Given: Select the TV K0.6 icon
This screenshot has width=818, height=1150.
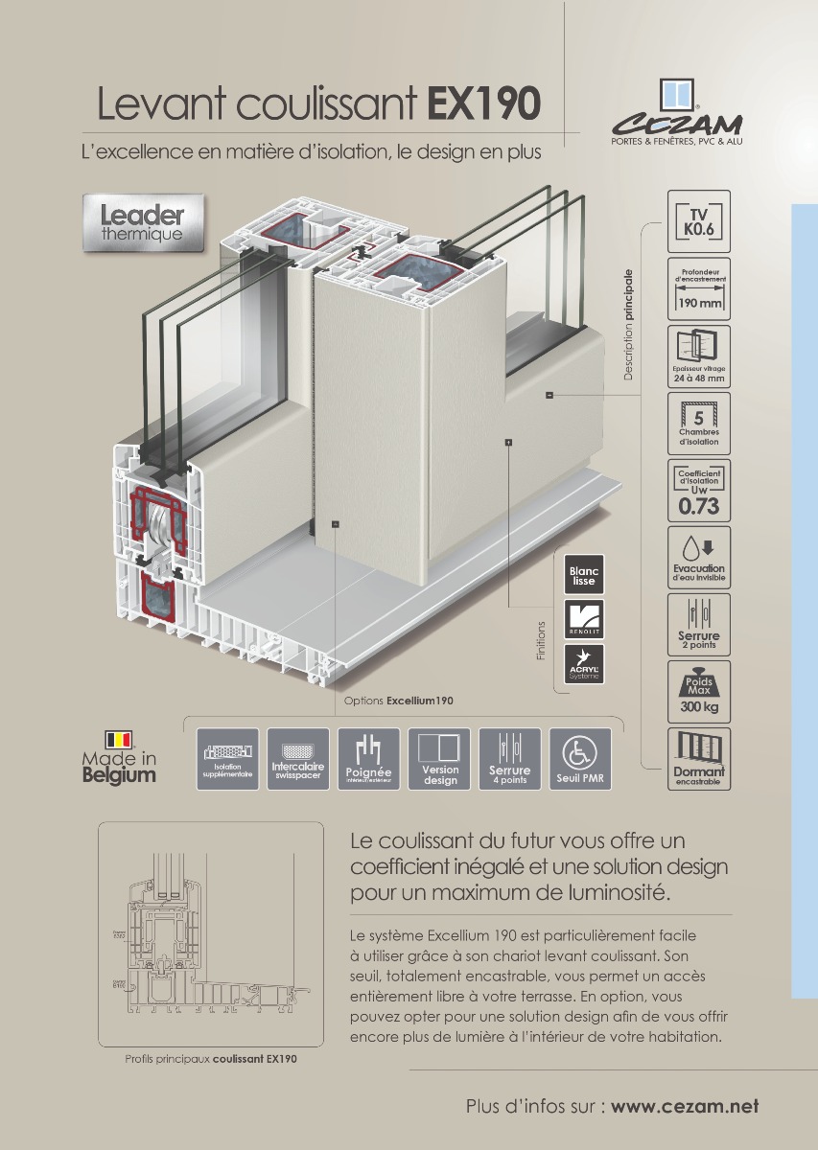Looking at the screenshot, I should click(x=698, y=221).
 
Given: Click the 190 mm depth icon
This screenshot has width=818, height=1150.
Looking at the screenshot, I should click(x=698, y=288).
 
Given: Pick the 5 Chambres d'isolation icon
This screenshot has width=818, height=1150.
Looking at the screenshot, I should click(x=698, y=423).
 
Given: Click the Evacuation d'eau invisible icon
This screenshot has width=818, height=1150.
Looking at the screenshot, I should click(x=698, y=557).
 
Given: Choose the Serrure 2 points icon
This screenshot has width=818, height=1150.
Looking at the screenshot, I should click(x=698, y=624).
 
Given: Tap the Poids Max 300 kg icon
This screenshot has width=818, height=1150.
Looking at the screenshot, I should click(x=698, y=691).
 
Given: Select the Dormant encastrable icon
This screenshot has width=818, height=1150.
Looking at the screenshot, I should click(x=698, y=758).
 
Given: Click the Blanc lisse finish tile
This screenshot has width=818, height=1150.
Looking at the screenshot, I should click(x=583, y=573).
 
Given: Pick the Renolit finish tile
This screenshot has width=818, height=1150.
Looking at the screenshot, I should click(x=583, y=619).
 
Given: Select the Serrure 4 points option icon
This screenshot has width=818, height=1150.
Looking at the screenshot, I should click(x=509, y=759).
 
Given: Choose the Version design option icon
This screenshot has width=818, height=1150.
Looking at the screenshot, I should click(x=439, y=759).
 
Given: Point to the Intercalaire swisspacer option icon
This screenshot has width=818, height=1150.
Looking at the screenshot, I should click(x=298, y=759).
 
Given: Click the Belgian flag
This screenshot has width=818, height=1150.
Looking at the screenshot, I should click(x=119, y=739).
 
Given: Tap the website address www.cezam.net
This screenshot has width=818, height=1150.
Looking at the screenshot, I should click(x=685, y=1106).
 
